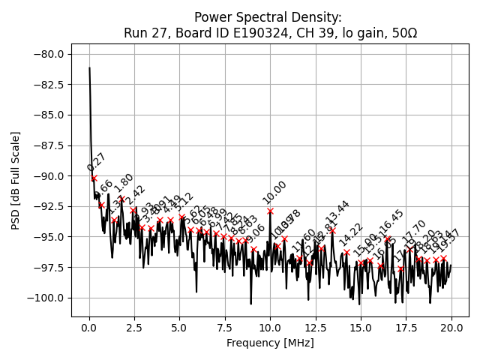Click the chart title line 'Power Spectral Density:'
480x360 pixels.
(x=268, y=17)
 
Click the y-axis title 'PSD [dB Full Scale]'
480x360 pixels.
(x=16, y=180)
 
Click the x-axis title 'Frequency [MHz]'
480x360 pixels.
(x=270, y=343)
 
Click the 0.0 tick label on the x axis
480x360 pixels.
(x=89, y=328)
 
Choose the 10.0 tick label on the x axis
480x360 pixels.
(x=271, y=328)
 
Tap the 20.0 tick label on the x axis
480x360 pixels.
(x=451, y=328)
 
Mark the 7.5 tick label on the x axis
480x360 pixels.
(x=225, y=328)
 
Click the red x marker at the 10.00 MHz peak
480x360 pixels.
(x=270, y=211)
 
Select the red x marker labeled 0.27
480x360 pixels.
(x=94, y=178)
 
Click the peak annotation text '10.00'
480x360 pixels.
(x=274, y=193)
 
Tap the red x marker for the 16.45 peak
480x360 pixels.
(x=388, y=239)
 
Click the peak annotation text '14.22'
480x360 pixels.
(x=351, y=235)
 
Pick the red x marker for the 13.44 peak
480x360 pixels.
(x=333, y=231)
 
